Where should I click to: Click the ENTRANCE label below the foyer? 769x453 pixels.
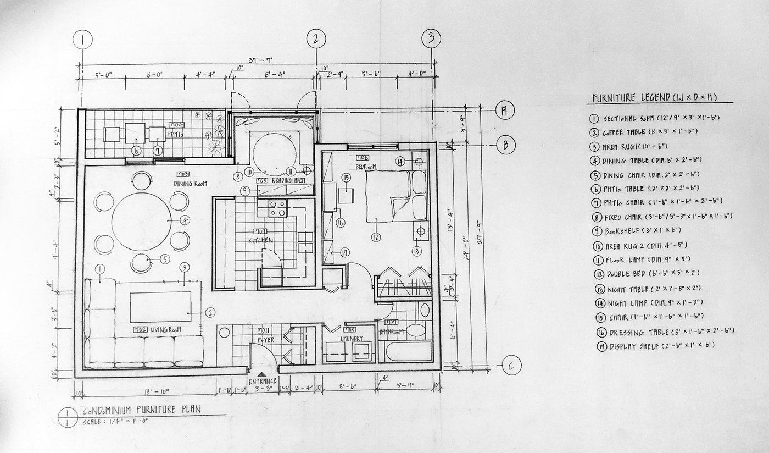pos(263,381)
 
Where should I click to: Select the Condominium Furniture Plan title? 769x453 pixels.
pos(141,410)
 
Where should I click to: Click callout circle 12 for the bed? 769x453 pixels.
pos(376,237)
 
